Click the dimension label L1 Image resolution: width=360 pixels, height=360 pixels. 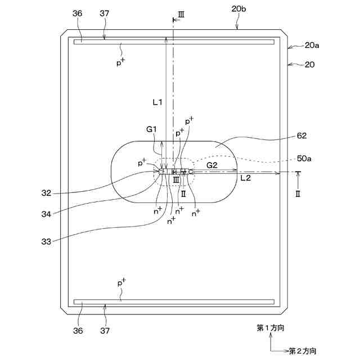click(x=157, y=102)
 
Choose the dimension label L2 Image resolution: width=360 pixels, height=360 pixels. click(x=246, y=178)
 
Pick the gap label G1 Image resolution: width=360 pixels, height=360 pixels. click(x=151, y=129)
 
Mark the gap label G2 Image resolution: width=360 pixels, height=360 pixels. click(x=212, y=165)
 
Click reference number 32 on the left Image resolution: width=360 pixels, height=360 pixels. click(x=47, y=193)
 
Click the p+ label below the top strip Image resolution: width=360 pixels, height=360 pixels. click(x=120, y=62)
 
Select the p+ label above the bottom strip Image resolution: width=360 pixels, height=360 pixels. click(x=120, y=283)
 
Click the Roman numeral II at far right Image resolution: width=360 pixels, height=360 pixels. click(x=299, y=192)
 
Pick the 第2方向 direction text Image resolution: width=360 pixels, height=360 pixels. click(x=303, y=351)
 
